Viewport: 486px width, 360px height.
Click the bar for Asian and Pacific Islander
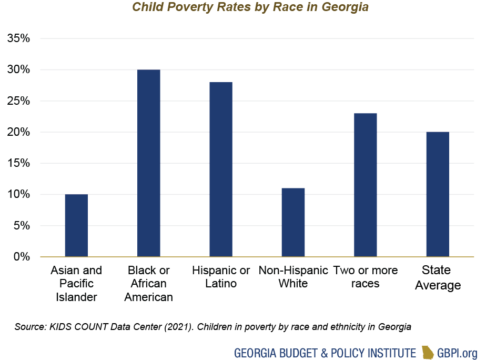pos(76,225)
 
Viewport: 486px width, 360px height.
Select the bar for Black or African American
pos(148,163)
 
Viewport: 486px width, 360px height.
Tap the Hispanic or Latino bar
pos(221,169)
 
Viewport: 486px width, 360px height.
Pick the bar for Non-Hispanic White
pos(293,222)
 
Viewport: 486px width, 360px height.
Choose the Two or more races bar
pos(365,185)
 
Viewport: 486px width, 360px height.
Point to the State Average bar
pos(438,194)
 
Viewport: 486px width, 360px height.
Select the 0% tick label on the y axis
pos(22,257)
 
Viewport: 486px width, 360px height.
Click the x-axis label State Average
pos(437,278)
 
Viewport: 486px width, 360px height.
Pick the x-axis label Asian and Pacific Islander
pos(76,284)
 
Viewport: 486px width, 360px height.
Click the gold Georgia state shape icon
pos(429,352)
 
